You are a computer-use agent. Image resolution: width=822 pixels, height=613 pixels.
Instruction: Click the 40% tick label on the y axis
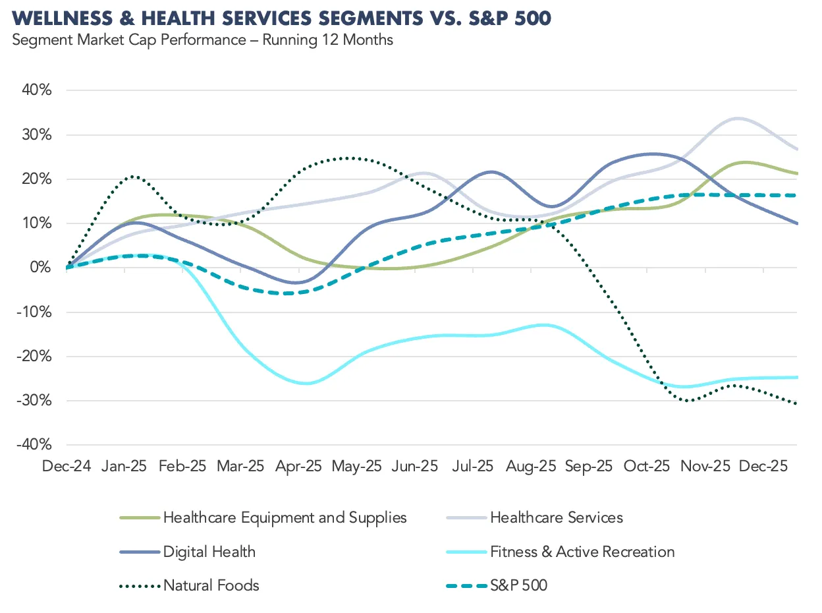(38, 90)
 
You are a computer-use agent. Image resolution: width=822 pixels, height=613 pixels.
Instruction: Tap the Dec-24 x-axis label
(66, 466)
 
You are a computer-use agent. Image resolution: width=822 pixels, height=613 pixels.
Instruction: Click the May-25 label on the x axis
(356, 466)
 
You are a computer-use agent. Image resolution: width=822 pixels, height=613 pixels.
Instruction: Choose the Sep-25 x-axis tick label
(588, 466)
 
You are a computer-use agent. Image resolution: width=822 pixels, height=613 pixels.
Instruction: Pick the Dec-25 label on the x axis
(763, 466)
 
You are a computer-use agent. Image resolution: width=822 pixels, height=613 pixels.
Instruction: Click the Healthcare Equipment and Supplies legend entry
(285, 517)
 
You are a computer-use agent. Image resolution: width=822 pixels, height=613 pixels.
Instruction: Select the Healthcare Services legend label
(557, 517)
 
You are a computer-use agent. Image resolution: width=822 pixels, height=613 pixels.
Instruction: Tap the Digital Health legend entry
(209, 552)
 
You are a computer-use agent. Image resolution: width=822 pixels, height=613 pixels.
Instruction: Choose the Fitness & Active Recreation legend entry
(582, 552)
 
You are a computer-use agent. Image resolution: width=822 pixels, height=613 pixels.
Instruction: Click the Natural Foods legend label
(211, 585)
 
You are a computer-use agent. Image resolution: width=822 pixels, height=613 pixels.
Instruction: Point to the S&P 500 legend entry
(518, 585)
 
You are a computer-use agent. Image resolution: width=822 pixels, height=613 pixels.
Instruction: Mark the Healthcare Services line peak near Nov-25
(737, 119)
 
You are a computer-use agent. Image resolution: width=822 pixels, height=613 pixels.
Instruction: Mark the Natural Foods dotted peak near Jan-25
(134, 177)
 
